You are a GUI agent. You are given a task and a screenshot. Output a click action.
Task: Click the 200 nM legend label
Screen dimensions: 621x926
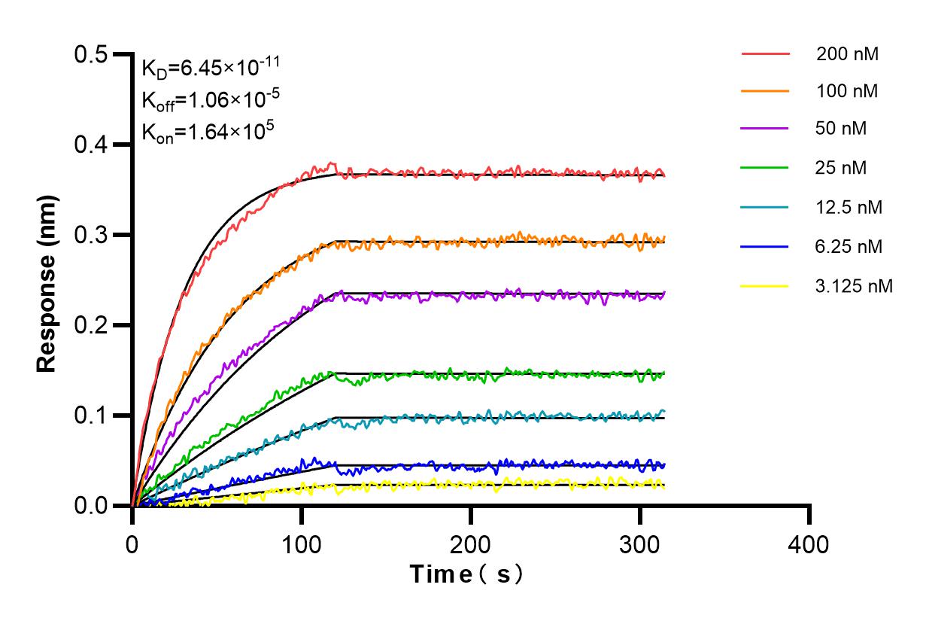(x=847, y=54)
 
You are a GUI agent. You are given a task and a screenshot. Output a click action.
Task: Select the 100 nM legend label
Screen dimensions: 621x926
(x=847, y=91)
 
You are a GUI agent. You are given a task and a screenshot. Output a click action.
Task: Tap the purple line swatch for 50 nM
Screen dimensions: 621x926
(x=765, y=129)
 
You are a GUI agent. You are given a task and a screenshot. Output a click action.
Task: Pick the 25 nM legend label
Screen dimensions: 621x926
(x=842, y=167)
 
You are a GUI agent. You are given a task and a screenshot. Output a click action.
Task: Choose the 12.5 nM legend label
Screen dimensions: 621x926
(x=849, y=206)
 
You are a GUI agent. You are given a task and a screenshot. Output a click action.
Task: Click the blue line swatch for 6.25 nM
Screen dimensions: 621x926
(x=765, y=246)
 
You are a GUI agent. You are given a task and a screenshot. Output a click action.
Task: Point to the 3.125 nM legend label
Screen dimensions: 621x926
(x=855, y=286)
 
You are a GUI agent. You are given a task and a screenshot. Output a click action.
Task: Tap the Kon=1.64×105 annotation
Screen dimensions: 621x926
(x=197, y=131)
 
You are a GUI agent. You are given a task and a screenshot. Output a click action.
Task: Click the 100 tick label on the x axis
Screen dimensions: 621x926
(x=302, y=543)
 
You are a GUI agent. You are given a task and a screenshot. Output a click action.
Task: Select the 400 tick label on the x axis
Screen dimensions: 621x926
(x=809, y=543)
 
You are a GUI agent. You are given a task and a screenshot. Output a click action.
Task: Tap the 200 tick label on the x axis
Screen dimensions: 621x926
(x=471, y=543)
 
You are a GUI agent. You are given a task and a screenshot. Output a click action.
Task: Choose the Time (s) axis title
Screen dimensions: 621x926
(x=466, y=574)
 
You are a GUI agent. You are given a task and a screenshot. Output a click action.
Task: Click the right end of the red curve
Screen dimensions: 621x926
(x=664, y=175)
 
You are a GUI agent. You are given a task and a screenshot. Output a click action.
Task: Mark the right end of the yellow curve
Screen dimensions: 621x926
(x=664, y=486)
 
